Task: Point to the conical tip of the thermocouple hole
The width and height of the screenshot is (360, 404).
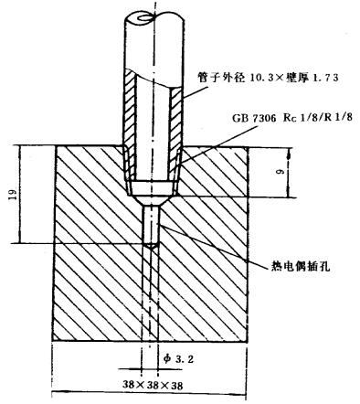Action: coord(153,244)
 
